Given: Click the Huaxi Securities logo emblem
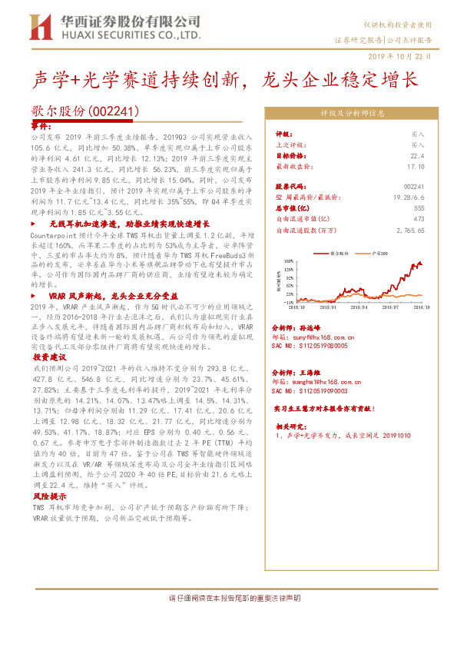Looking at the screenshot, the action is [x=41, y=28].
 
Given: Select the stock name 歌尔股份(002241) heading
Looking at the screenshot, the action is [x=84, y=111].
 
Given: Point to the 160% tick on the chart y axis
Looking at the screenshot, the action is [x=288, y=260].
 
